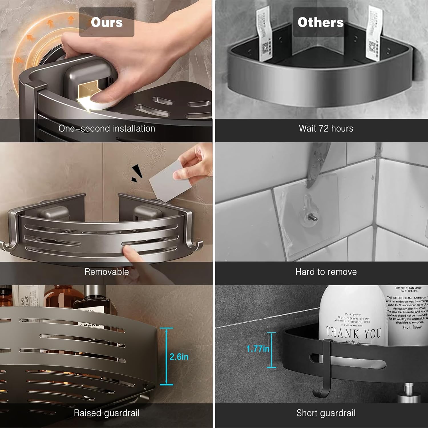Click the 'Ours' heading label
pos(107,22)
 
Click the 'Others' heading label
pos(320,22)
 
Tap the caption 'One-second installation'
pos(107,128)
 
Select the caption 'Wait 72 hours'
pos(326,128)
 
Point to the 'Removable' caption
pos(106,272)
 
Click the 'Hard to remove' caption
pos(326,272)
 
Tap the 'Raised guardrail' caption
pos(106,413)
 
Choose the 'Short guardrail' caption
pos(326,413)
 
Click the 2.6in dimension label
pos(179,357)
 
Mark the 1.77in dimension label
pos(257,349)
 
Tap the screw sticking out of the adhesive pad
pos(313,218)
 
